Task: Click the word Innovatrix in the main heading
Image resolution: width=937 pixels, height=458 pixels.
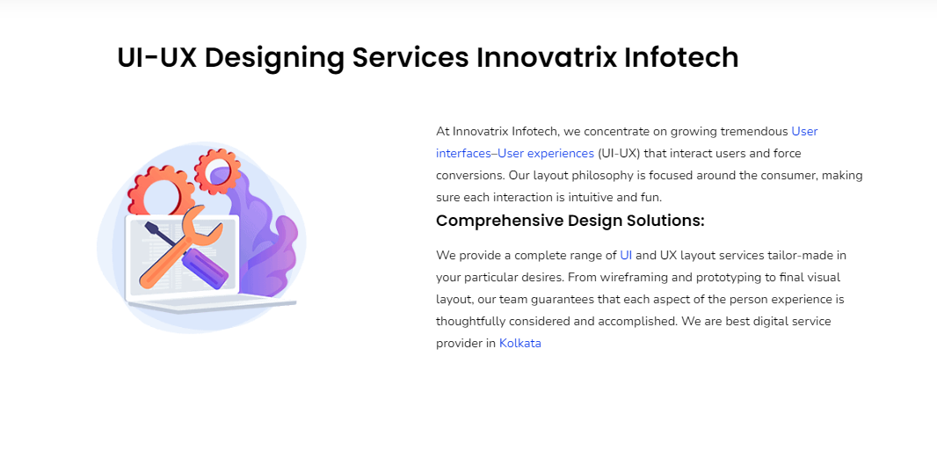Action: pos(546,58)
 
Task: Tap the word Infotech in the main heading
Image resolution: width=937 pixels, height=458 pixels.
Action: pos(681,58)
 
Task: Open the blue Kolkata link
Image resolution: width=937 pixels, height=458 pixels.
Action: pos(519,343)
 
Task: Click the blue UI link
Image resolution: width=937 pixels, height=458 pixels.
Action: pos(626,255)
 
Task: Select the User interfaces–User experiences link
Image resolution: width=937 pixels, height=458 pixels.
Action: pos(627,142)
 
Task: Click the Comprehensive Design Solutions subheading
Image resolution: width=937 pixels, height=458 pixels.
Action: pos(570,221)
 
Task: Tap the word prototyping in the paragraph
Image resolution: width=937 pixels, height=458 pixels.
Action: pos(701,278)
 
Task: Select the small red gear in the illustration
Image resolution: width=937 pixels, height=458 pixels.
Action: pos(218,171)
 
